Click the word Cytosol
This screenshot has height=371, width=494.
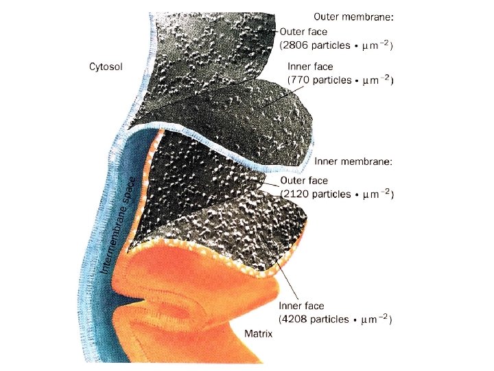[106, 67]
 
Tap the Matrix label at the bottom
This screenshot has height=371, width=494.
[259, 334]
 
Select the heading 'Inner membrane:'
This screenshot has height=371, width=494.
[353, 162]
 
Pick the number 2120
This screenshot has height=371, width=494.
[299, 194]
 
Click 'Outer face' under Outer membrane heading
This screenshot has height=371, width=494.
[303, 31]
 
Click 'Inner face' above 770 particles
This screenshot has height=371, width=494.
[310, 67]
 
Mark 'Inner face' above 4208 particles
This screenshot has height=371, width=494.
[301, 306]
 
